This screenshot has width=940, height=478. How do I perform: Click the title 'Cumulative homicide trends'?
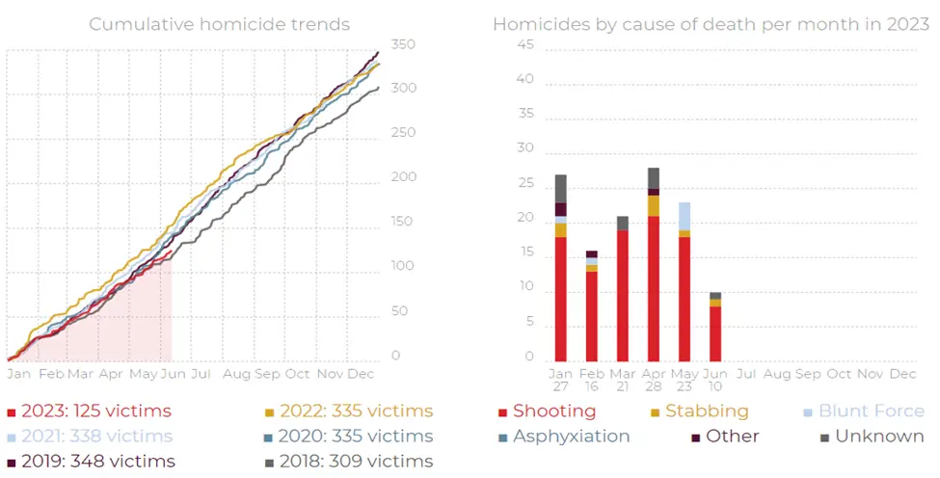click(219, 24)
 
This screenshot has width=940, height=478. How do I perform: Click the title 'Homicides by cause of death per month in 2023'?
click(711, 24)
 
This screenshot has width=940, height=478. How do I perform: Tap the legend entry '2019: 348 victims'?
click(91, 462)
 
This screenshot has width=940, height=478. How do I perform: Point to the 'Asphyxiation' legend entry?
click(571, 437)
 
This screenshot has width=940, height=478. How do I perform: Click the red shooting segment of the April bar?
click(654, 289)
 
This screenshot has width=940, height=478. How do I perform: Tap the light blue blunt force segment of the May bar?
click(685, 216)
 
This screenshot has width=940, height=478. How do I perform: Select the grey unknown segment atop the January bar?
click(560, 188)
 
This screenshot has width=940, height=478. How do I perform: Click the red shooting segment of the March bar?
click(622, 296)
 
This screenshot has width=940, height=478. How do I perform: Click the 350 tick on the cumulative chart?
click(403, 45)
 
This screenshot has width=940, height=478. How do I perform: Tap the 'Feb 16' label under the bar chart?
click(591, 381)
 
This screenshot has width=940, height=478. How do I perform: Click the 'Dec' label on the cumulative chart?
click(361, 373)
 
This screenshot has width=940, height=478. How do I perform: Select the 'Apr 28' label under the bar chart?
click(654, 381)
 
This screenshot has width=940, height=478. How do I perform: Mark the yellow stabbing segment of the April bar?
click(654, 206)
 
